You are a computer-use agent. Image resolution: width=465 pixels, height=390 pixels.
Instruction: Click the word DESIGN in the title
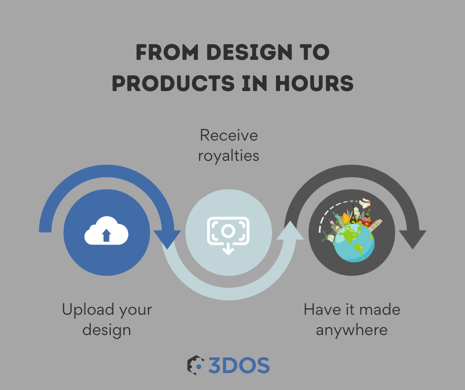(250, 52)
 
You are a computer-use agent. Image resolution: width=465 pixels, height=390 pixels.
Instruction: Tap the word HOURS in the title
(314, 83)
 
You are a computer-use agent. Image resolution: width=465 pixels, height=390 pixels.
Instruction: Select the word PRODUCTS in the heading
(174, 83)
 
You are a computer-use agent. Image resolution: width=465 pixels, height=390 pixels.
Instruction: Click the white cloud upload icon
(106, 231)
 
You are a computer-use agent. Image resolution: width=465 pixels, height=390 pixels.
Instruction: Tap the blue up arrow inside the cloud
(106, 235)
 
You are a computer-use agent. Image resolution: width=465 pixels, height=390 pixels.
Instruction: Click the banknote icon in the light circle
(228, 231)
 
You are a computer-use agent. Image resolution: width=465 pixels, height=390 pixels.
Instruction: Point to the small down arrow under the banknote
(228, 249)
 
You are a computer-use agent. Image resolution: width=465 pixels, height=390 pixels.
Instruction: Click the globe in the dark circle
(354, 243)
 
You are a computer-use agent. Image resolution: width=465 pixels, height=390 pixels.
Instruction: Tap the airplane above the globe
(366, 203)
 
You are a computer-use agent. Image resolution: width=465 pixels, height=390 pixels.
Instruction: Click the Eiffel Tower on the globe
(353, 214)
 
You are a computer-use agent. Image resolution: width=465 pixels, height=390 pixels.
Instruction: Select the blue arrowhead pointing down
(167, 240)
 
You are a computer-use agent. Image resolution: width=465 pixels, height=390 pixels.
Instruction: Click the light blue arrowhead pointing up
(290, 230)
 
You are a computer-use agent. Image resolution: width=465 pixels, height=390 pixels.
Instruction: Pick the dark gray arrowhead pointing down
(413, 240)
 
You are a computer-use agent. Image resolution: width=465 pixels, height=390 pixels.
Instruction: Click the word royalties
(229, 156)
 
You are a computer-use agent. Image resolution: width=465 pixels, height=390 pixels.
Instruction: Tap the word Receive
(229, 135)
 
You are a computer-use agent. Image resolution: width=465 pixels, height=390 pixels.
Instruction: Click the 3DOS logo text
(239, 365)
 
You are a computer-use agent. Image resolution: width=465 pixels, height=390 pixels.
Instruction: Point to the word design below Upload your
(107, 330)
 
